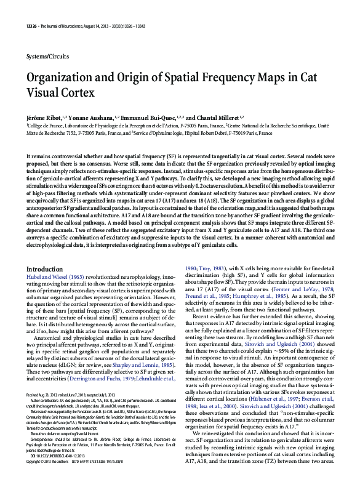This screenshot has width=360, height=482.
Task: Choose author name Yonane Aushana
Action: coord(89,117)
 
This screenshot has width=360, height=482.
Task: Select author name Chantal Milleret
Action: coord(217,117)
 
